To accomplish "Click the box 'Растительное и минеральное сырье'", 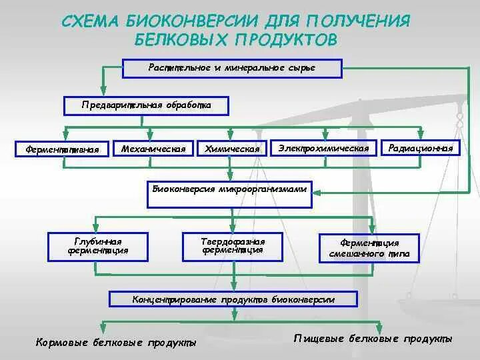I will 232,68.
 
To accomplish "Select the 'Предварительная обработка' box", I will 146,105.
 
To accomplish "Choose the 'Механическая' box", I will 153,148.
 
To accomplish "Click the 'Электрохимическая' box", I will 323,147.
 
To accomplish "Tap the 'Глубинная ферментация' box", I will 97,246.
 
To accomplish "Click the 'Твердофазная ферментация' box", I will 233,245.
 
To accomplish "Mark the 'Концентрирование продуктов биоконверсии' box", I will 233,300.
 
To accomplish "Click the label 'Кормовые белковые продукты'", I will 115,343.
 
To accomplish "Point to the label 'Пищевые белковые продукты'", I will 373,339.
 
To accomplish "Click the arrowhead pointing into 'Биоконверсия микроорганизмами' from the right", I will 319,192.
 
